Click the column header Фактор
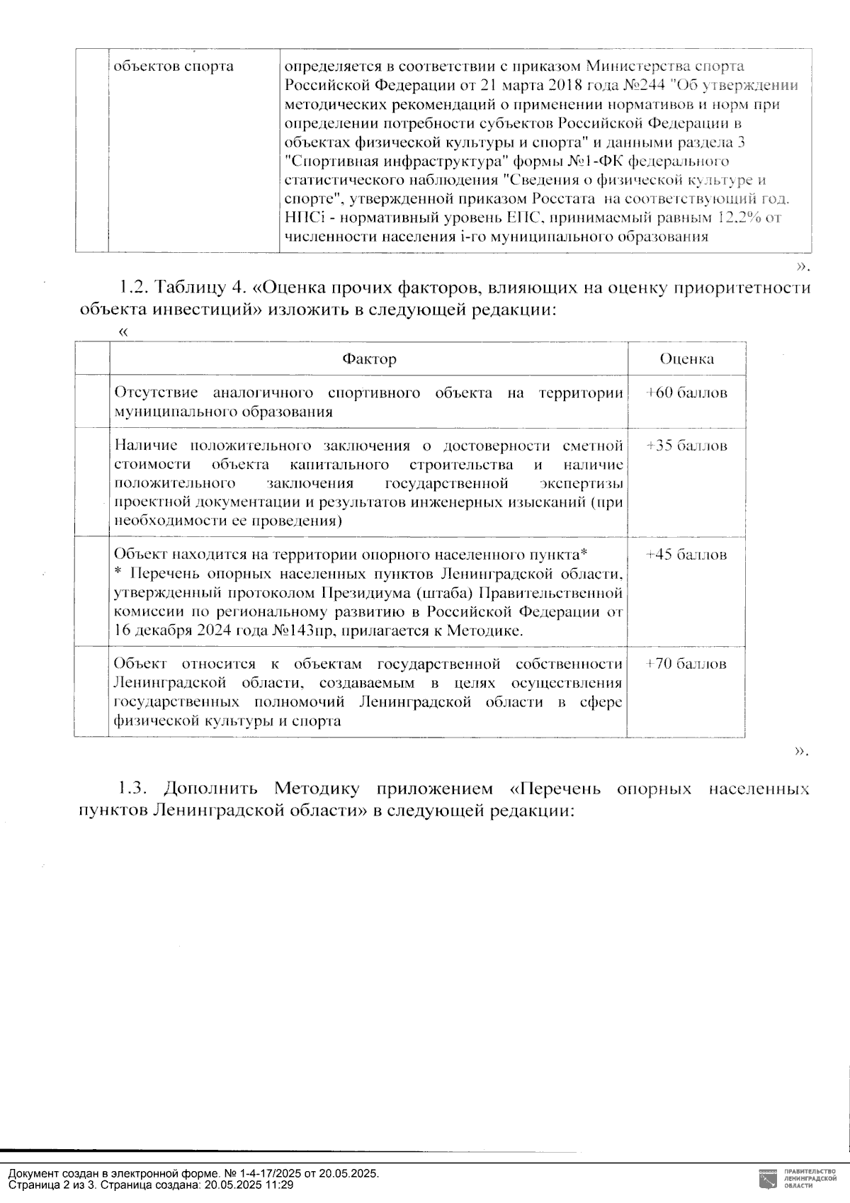(x=369, y=358)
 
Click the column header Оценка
(x=686, y=358)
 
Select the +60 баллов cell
(x=686, y=393)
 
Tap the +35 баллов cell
(x=686, y=446)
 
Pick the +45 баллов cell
(x=686, y=555)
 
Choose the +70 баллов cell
(x=686, y=665)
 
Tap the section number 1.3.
(x=132, y=789)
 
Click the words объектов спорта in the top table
(x=174, y=67)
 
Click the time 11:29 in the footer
(x=280, y=1185)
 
